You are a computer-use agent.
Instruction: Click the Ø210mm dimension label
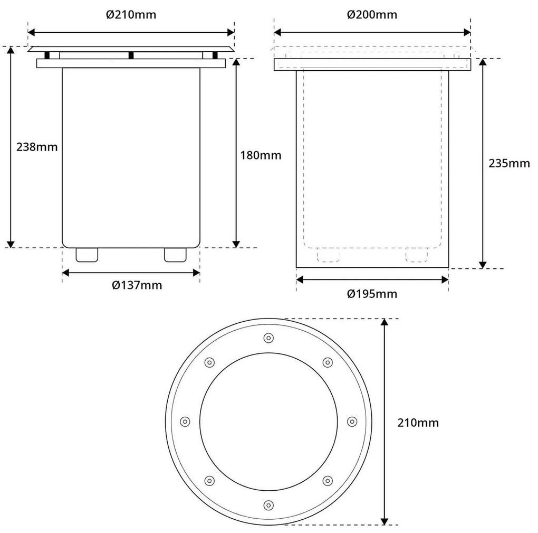131,15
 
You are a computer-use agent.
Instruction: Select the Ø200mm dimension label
372,15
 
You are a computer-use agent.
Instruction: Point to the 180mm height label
260,155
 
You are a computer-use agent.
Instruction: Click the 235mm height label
508,163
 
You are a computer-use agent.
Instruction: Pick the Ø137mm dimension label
137,286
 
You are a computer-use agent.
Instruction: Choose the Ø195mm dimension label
372,294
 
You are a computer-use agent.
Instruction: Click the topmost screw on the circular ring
268,338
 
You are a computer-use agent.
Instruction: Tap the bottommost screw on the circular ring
268,504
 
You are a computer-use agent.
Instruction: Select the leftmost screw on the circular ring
185,421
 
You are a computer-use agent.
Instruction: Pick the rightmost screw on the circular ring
352,421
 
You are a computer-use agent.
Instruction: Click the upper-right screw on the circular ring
328,362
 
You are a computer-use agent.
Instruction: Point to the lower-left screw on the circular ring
209,480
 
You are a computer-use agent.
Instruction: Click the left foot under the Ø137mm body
87,255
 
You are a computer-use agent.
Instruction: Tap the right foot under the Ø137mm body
176,255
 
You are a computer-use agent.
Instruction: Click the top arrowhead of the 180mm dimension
237,62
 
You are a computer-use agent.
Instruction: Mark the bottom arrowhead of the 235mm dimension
482,264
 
